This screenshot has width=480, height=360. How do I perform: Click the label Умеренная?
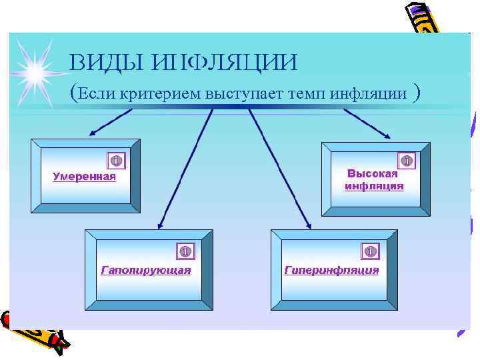pyautogui.click(x=84, y=177)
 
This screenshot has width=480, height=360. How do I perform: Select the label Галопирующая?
pyautogui.click(x=145, y=270)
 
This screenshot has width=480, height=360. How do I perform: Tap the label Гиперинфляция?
pyautogui.click(x=331, y=270)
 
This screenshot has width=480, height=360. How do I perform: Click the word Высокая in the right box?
pyautogui.click(x=373, y=173)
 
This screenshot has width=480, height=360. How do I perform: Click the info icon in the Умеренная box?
pyautogui.click(x=115, y=161)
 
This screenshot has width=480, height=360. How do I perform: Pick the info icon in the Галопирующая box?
pyautogui.click(x=185, y=251)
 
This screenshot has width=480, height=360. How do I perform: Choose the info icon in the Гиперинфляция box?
pyautogui.click(x=371, y=251)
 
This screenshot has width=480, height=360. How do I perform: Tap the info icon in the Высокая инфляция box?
pyautogui.click(x=406, y=161)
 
